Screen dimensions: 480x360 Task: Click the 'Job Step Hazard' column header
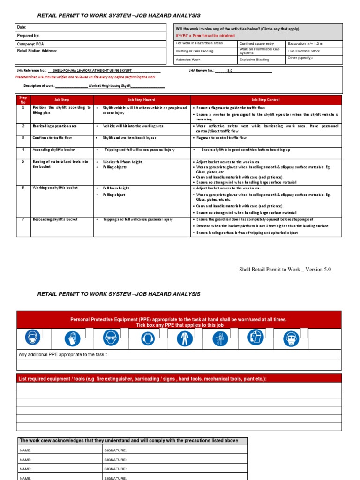pyautogui.click(x=142, y=100)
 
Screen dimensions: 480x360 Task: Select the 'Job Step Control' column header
pyautogui.click(x=266, y=100)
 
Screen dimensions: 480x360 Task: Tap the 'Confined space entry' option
pyautogui.click(x=256, y=43)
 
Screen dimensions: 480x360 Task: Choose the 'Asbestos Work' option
pyautogui.click(x=188, y=60)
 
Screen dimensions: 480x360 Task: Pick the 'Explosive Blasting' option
pyautogui.click(x=255, y=60)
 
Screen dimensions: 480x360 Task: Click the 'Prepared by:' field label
pyautogui.click(x=28, y=36)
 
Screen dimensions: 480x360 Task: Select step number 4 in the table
pyautogui.click(x=23, y=150)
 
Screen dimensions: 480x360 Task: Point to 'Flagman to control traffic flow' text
pyautogui.click(x=221, y=138)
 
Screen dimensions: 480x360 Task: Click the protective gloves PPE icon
pyautogui.click(x=72, y=338)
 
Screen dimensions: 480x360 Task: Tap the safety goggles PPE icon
pyautogui.click(x=109, y=338)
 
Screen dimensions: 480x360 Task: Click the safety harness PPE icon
pyautogui.click(x=219, y=338)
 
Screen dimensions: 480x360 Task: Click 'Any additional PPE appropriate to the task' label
pyautogui.click(x=63, y=355)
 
